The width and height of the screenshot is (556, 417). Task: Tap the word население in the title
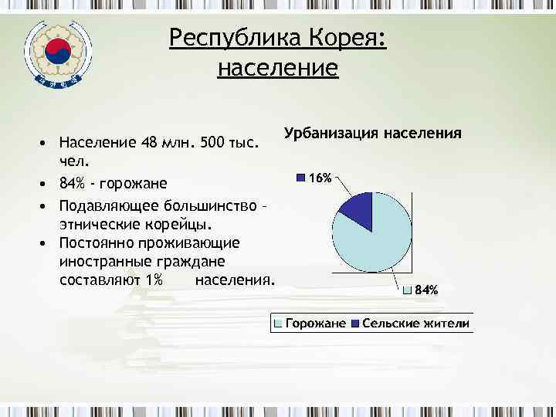278,68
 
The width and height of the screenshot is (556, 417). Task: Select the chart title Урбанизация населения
373,133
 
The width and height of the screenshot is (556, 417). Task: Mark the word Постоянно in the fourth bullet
98,242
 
